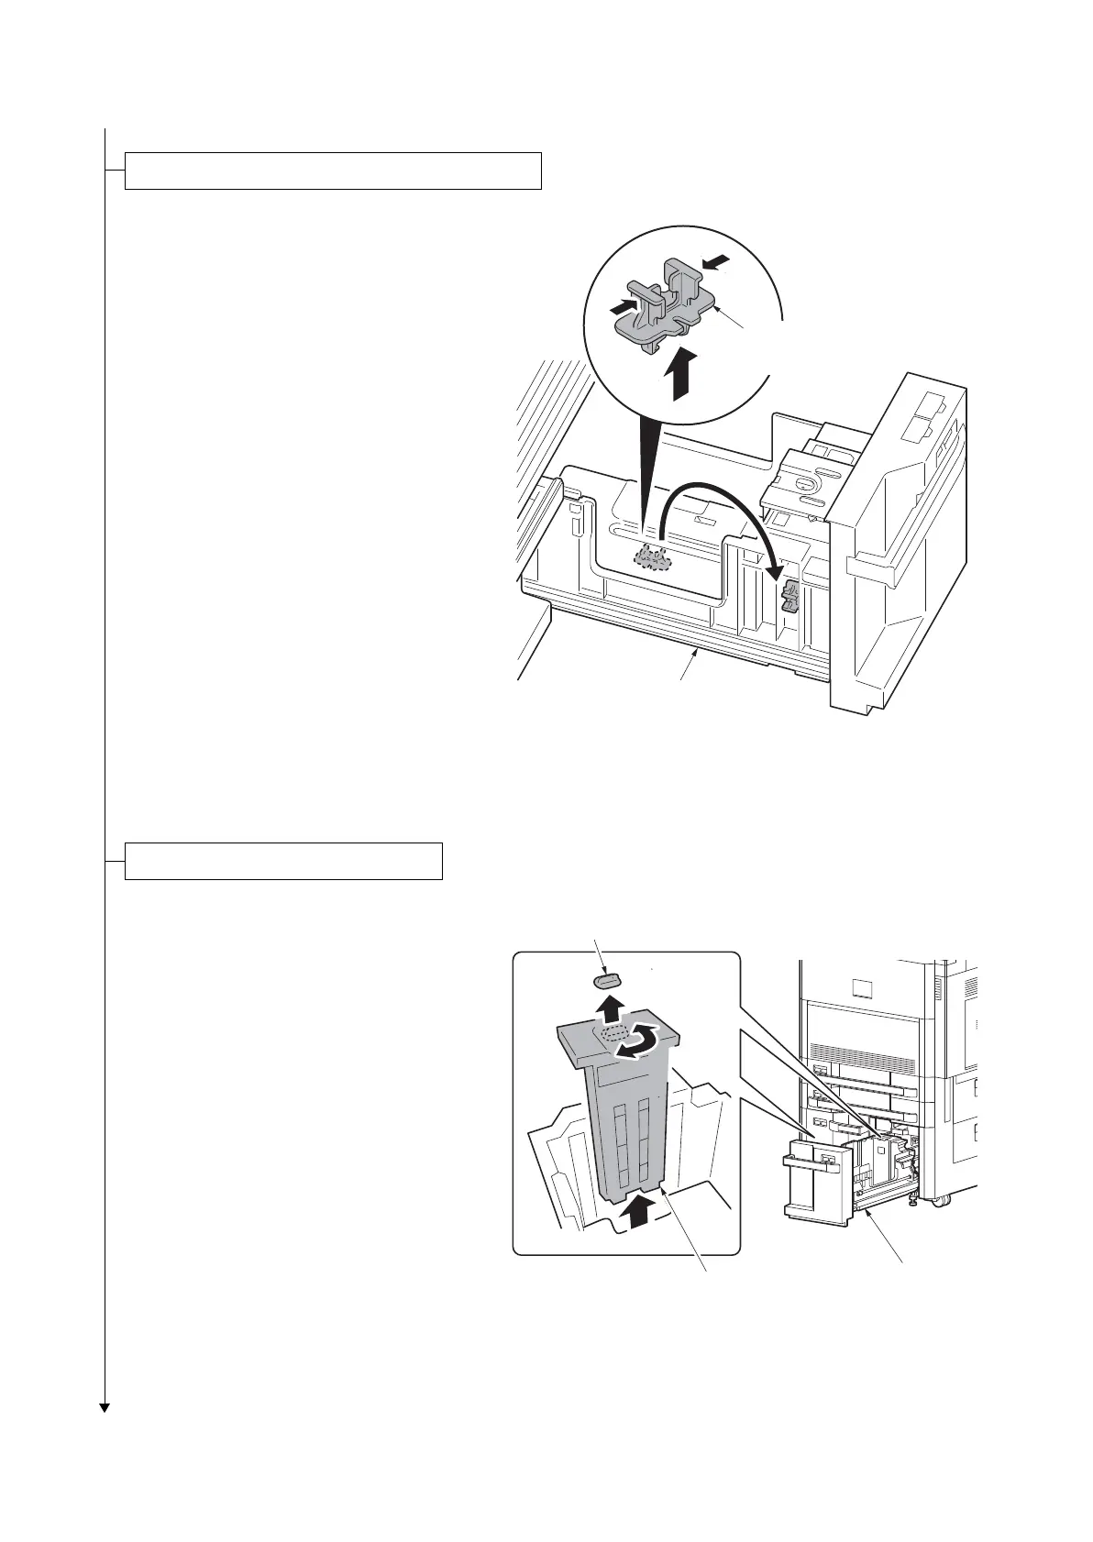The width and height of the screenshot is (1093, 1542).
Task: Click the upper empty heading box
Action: (x=332, y=171)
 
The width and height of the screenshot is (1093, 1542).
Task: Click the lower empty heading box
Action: (x=283, y=861)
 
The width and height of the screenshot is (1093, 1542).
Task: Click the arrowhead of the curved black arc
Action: (x=775, y=569)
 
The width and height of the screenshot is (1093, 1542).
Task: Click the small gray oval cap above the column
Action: (x=606, y=981)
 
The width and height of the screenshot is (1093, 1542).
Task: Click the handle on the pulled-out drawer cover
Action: (x=811, y=1164)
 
